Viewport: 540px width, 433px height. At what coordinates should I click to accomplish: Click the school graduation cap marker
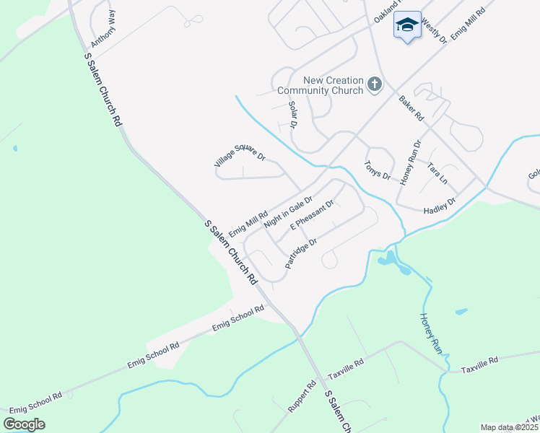tap(407, 25)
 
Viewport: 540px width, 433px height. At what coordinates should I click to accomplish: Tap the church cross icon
tap(374, 84)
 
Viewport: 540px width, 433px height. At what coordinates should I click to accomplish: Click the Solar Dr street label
tap(293, 115)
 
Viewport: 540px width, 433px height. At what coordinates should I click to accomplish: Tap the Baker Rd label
tap(411, 108)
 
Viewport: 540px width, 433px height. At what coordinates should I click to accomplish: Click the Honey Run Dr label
tap(410, 163)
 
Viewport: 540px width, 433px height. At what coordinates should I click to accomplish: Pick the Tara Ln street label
tap(437, 172)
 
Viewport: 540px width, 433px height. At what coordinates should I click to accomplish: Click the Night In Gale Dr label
tap(288, 212)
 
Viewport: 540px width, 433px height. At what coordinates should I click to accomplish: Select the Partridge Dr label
tap(301, 254)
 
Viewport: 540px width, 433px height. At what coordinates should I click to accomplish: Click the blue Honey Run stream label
tap(430, 332)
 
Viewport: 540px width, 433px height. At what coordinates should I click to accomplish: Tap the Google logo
tap(25, 424)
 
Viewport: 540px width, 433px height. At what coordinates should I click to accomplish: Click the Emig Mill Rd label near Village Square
tap(248, 223)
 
